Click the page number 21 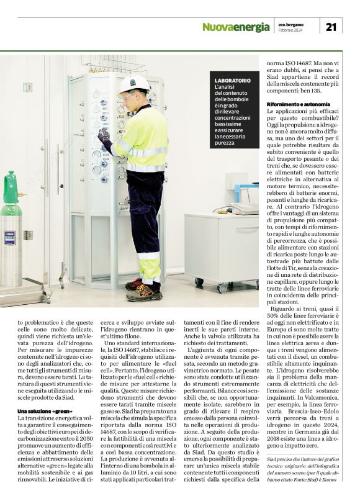331,26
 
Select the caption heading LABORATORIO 233,81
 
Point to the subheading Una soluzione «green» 45,412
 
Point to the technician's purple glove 104,135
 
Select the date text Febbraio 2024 290,30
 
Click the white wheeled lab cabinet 220,248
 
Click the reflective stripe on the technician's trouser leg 149,256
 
